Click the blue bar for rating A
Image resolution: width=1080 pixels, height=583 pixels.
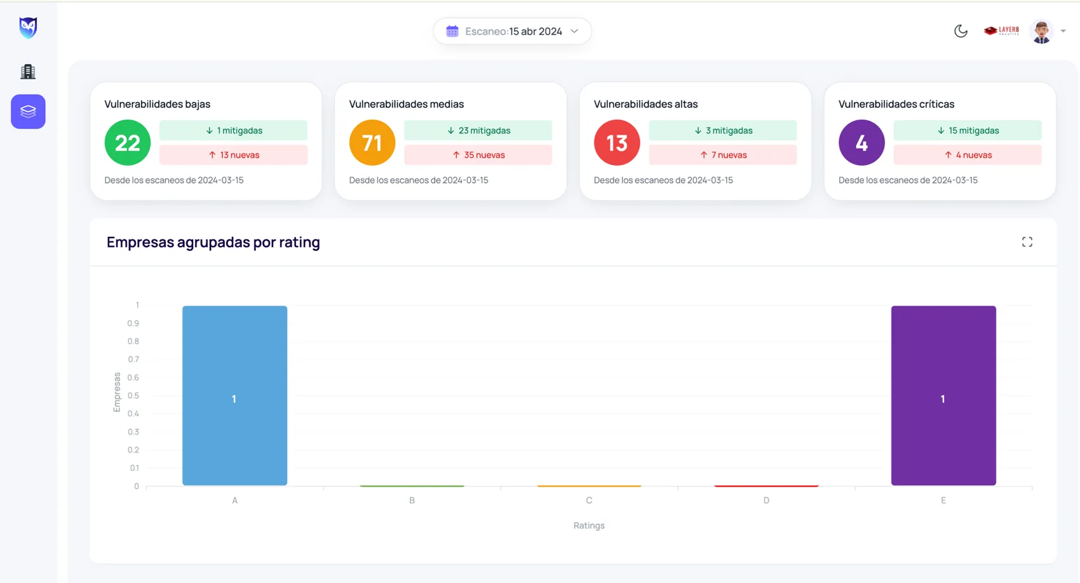235,396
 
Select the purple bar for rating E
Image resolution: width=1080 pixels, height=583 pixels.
943,396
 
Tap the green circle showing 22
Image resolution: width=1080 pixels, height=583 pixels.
128,143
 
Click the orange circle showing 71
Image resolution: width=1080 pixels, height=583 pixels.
372,143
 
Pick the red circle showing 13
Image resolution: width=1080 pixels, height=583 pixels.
617,143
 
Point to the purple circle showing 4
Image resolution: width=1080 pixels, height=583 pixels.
861,143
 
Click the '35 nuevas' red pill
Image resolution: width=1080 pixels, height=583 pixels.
478,155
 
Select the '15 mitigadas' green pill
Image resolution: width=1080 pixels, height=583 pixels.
968,130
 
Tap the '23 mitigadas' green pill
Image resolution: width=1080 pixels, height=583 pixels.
478,130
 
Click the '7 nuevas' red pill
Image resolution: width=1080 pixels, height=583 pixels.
723,155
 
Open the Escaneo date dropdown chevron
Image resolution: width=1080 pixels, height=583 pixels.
574,31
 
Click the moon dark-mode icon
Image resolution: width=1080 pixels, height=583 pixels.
961,31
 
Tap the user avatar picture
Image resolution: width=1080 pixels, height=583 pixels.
1041,31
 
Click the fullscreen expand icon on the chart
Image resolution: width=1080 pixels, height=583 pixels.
1027,242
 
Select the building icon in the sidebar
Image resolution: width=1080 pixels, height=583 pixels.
28,71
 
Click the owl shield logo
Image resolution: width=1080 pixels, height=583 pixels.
28,27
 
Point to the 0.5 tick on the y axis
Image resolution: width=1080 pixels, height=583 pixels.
133,396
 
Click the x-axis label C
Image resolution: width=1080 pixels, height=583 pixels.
589,500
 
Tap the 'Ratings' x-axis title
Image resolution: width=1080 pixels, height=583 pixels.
589,526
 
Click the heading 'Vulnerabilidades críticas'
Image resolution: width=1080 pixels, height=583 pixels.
896,104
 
